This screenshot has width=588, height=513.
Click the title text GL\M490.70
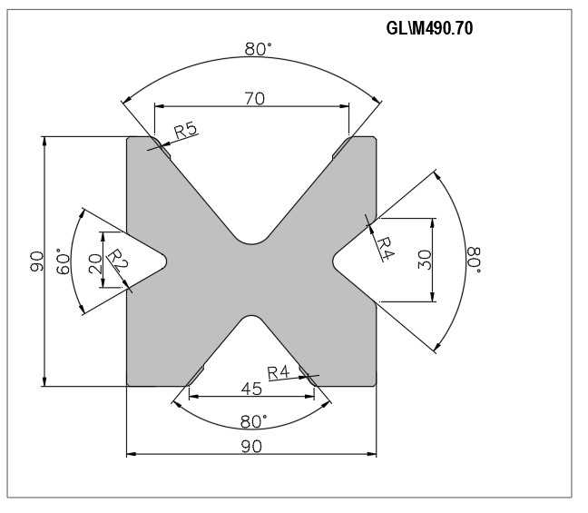429,28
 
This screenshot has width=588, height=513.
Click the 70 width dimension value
255,98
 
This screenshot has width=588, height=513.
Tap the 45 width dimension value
251,389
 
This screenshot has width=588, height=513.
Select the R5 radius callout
186,130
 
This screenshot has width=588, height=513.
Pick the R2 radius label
118,260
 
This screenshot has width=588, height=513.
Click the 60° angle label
64,261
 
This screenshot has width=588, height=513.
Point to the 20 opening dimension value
95,263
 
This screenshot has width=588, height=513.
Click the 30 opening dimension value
425,260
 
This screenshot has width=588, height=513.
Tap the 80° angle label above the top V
258,49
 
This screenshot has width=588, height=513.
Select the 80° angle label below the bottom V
253,422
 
